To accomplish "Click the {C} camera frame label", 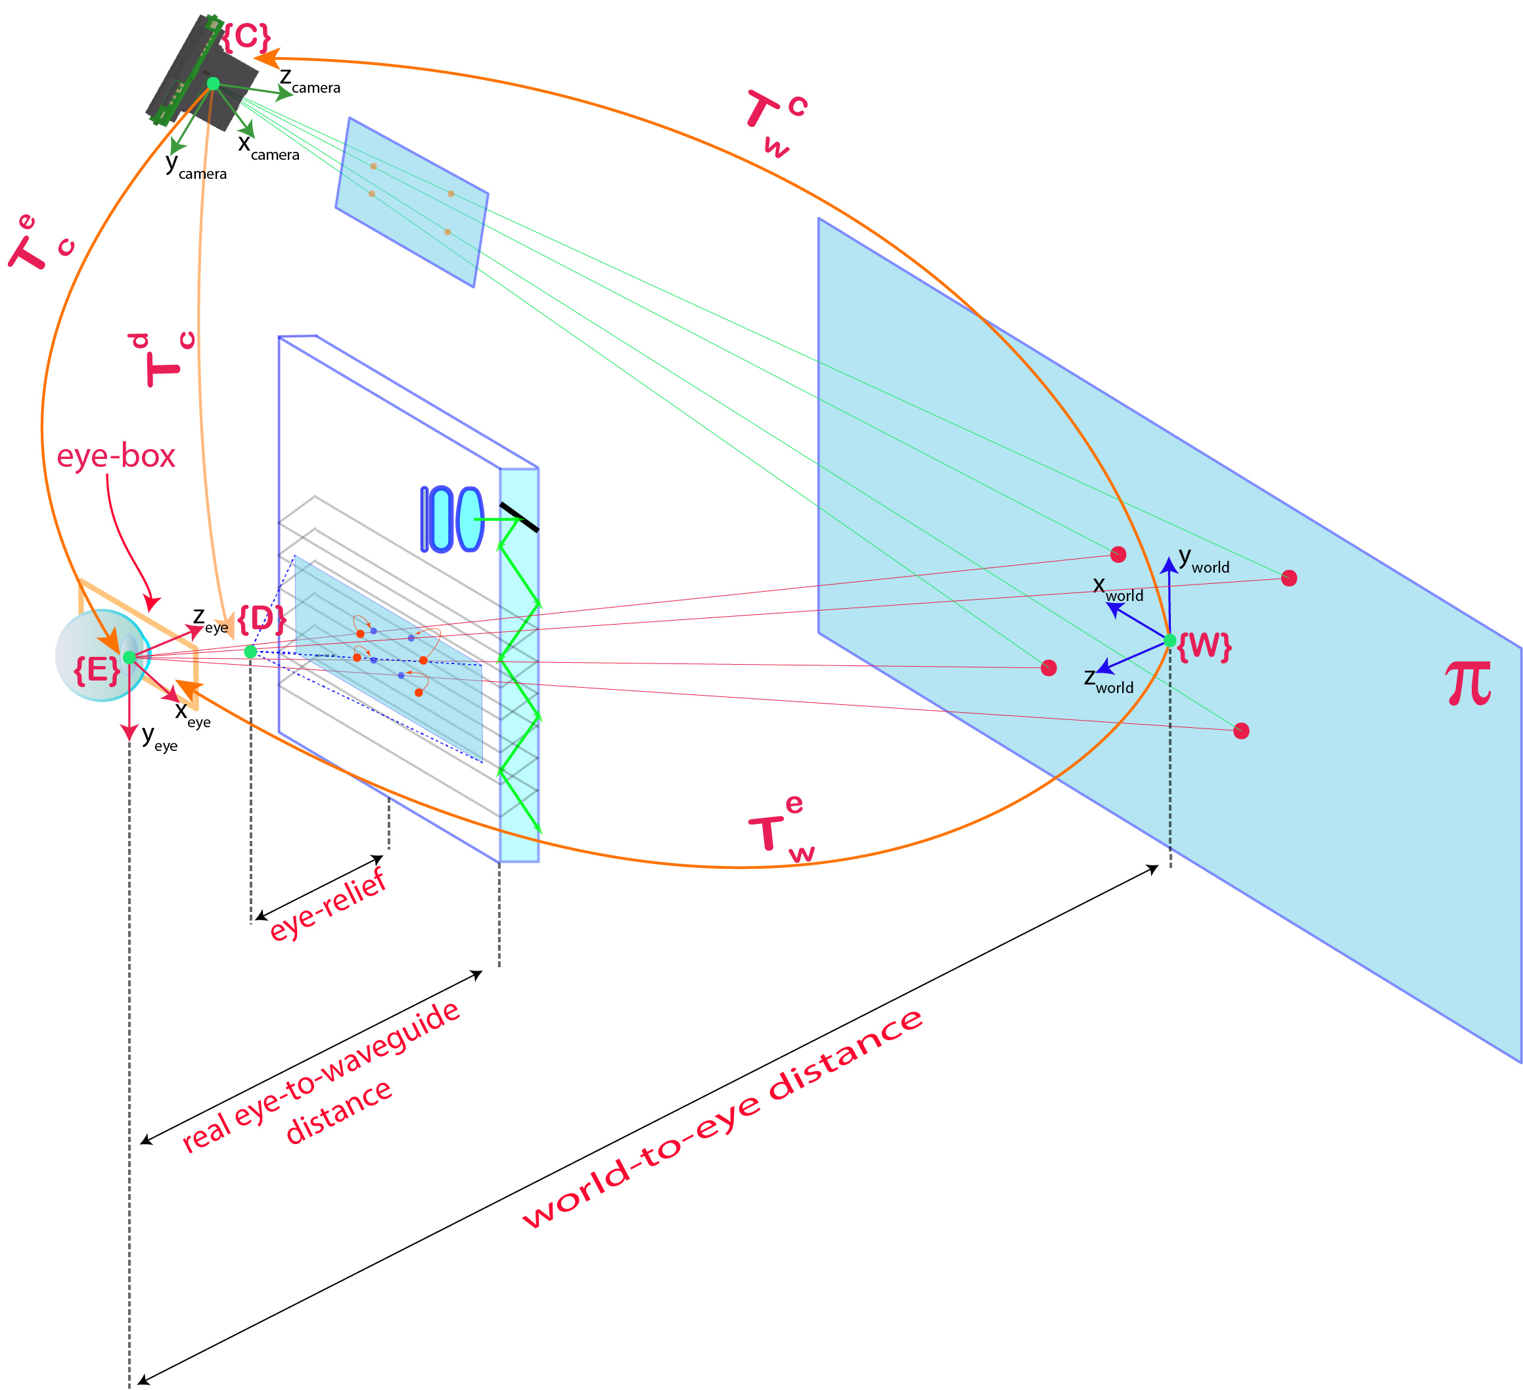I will pos(246,36).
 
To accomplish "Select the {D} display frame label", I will pos(261,619).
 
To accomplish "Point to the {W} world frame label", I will pos(1204,646).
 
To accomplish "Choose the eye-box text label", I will pos(116,456).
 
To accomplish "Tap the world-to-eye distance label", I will pos(722,1119).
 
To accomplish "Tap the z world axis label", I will pos(1108,681).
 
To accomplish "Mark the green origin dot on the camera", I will pos(213,83).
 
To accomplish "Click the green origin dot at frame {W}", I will pos(1170,641).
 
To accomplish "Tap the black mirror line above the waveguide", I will pos(519,517).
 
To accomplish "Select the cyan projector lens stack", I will pos(452,519).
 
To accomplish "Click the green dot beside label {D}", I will pos(251,652).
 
